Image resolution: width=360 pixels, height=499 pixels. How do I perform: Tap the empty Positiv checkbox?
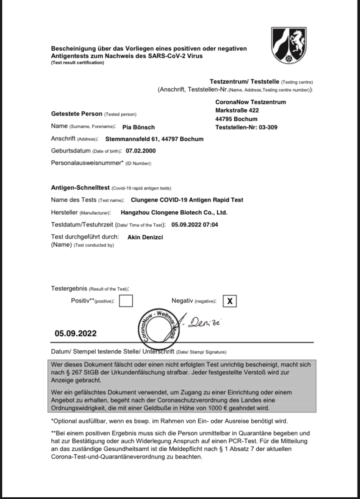click(x=126, y=301)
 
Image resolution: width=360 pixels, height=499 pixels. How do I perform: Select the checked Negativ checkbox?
click(x=230, y=301)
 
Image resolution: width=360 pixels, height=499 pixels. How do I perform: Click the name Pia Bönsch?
click(x=139, y=127)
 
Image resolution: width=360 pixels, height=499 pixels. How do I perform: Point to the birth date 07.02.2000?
click(x=140, y=151)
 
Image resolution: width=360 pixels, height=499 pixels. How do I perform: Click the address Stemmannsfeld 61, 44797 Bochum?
click(x=154, y=139)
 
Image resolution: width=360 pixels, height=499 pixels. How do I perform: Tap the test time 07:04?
click(x=210, y=225)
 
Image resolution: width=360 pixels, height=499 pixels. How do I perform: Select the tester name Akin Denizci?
click(x=145, y=237)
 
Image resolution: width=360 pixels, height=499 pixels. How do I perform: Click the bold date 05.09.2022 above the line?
click(x=76, y=334)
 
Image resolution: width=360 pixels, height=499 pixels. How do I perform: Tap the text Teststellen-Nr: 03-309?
click(x=246, y=127)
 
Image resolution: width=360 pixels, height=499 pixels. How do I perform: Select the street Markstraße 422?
click(x=237, y=110)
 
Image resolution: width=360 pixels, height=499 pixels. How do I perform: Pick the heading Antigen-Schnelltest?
click(x=80, y=188)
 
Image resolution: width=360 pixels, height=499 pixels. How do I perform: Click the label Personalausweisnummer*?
click(x=87, y=163)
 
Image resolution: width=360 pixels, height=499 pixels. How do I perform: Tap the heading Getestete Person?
click(x=77, y=114)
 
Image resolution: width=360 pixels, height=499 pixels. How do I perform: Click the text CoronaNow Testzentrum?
click(x=250, y=102)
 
